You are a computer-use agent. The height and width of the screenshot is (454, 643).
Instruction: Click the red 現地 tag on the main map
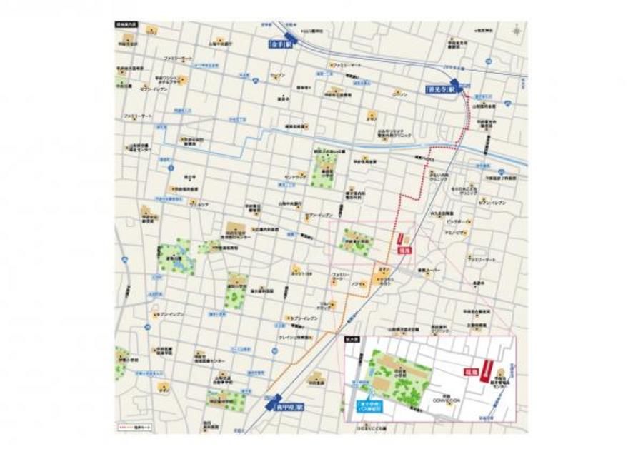pyautogui.click(x=404, y=251)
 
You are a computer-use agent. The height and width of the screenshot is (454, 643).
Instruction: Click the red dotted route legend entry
pyautogui.click(x=135, y=428)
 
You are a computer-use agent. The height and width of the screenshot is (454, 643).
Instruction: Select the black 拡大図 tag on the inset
pyautogui.click(x=352, y=340)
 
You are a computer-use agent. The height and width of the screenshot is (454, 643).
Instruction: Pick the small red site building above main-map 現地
pyautogui.click(x=401, y=240)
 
